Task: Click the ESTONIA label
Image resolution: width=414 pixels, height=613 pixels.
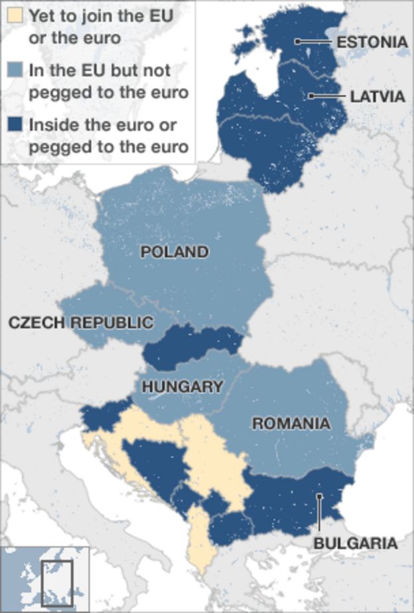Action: [x=372, y=42]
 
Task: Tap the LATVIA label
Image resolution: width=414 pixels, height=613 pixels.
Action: [x=377, y=96]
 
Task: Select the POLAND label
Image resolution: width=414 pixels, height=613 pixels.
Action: [x=174, y=252]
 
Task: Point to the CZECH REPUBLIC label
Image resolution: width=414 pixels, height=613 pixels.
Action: [x=80, y=323]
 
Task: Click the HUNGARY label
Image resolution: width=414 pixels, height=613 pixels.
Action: [x=182, y=387]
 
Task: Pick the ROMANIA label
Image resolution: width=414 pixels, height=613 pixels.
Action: [x=290, y=423]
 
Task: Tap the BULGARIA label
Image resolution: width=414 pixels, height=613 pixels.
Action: [x=356, y=543]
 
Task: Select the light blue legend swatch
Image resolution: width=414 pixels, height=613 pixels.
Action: [x=14, y=70]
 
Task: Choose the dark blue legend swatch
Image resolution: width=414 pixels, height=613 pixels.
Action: [x=14, y=124]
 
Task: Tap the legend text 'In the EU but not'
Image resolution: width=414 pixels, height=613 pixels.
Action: [x=98, y=70]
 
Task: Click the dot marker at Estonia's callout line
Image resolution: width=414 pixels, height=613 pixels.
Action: [x=298, y=41]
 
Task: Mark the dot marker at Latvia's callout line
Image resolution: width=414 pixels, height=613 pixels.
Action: [x=310, y=96]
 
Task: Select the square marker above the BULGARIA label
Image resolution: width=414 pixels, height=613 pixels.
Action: [x=319, y=495]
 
